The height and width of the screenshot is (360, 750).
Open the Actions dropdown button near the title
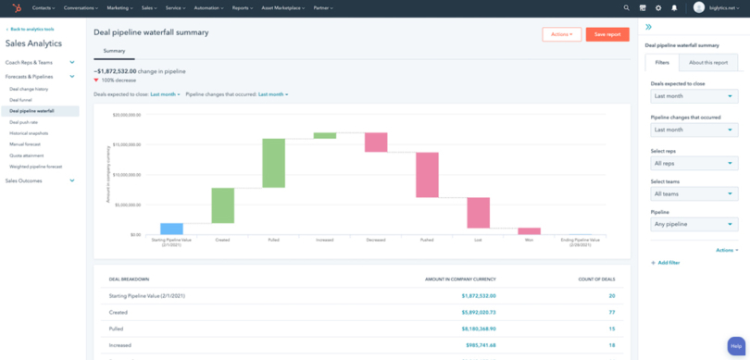562,34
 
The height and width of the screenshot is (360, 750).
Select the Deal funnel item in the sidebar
20,100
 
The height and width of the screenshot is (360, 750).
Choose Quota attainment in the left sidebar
27,155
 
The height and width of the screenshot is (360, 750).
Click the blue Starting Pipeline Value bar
171,229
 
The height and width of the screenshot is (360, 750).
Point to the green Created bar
222,205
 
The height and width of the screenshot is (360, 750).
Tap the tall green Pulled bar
273,163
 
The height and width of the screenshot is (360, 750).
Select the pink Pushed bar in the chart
427,175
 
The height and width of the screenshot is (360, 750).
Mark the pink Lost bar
478,213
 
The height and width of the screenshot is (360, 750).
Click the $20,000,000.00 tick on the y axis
125,116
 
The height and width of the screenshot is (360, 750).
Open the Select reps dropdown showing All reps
694,163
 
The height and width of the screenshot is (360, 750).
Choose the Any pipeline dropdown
694,224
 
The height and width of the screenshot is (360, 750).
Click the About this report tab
707,63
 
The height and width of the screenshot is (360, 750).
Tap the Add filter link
668,263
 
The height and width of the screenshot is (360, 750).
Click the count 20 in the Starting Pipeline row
611,296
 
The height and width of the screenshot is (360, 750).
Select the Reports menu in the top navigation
244,7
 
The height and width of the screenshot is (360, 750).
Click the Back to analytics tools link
32,30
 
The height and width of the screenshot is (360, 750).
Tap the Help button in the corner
736,343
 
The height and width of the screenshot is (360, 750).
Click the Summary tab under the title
114,51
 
